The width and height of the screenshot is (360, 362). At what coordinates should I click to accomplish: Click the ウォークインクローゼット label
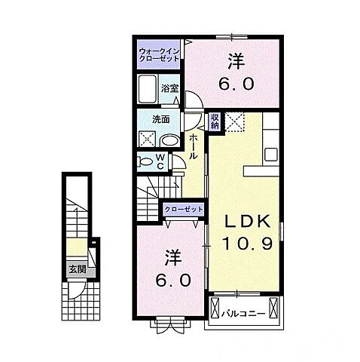click(x=159, y=55)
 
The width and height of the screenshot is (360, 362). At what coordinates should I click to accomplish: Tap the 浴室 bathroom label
click(x=169, y=88)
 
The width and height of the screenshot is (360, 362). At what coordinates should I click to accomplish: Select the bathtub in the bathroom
click(x=148, y=89)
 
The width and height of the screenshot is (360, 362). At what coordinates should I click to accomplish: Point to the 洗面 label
click(x=161, y=119)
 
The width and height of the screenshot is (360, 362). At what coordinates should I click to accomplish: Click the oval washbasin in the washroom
click(x=169, y=141)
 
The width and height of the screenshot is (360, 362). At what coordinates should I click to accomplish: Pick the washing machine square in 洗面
click(x=148, y=139)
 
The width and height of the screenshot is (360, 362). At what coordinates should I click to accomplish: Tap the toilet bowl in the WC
click(x=144, y=162)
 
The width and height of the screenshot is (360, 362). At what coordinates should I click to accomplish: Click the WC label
click(x=160, y=162)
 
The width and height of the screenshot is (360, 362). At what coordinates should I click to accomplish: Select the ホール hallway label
click(x=193, y=146)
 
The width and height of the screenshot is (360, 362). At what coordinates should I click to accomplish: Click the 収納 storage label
click(x=215, y=121)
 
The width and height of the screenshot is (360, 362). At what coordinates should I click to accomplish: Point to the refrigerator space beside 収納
click(x=234, y=122)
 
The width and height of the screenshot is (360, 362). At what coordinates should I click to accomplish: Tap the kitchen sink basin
click(x=271, y=155)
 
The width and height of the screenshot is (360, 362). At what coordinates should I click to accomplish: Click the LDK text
click(x=248, y=222)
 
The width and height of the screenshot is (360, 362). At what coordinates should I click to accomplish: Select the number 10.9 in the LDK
click(x=247, y=244)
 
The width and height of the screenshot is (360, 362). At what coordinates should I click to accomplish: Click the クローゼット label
click(x=184, y=209)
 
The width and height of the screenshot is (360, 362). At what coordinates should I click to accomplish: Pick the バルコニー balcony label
click(x=243, y=314)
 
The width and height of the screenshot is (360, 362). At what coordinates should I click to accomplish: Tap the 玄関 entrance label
click(x=78, y=269)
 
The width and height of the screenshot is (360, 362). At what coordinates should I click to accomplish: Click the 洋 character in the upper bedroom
click(x=236, y=62)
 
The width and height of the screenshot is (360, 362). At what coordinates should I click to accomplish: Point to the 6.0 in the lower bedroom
click(x=173, y=281)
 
